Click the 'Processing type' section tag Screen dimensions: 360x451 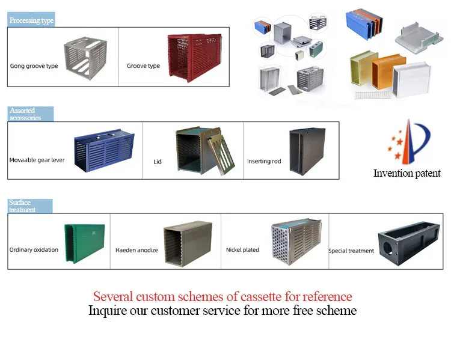pyautogui.click(x=31, y=20)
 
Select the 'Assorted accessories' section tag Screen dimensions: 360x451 pyautogui.click(x=31, y=114)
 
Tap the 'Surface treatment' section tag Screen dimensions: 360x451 pyautogui.click(x=30, y=206)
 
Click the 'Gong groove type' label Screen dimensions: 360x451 pyautogui.click(x=34, y=66)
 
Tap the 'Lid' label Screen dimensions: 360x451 pyautogui.click(x=158, y=162)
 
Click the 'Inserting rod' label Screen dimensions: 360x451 pyautogui.click(x=264, y=161)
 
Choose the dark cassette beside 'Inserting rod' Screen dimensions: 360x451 pyautogui.click(x=307, y=151)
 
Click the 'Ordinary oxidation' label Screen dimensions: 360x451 pyautogui.click(x=34, y=249)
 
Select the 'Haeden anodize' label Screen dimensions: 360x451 pyautogui.click(x=137, y=250)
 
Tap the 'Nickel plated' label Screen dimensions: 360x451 pyautogui.click(x=242, y=249)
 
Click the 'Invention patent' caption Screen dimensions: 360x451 pyautogui.click(x=407, y=173)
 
